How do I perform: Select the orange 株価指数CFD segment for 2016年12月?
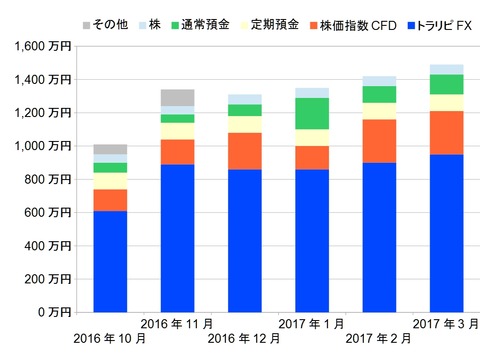[245, 151]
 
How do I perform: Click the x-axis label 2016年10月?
[109, 338]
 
